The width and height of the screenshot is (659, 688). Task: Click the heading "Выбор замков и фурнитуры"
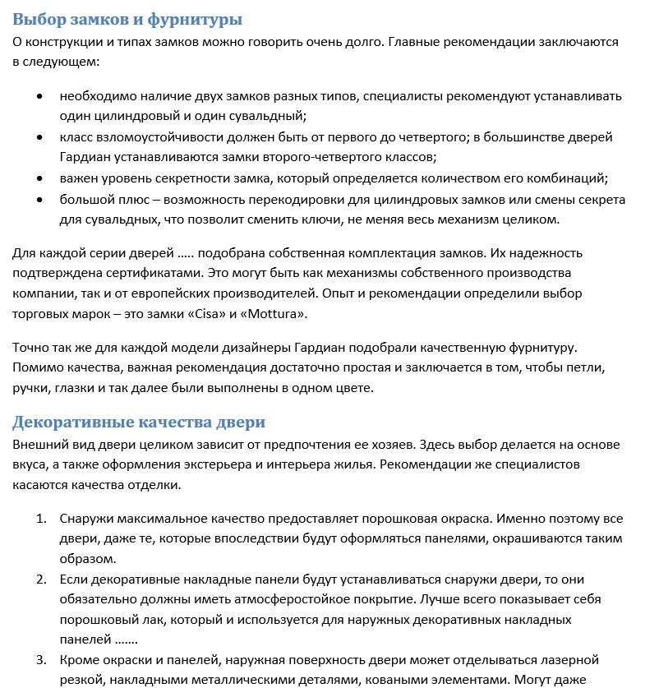pos(127,19)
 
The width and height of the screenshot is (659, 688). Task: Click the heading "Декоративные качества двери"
pos(139,422)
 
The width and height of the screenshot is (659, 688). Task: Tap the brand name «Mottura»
pos(282,314)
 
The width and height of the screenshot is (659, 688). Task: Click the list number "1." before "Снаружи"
pos(41,519)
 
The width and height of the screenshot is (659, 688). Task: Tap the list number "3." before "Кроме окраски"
pos(41,660)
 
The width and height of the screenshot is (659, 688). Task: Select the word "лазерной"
pos(572,660)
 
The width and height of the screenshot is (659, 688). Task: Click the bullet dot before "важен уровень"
pos(40,178)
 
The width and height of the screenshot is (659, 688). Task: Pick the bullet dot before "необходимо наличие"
pos(40,96)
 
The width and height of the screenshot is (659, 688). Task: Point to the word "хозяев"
pos(386,445)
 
